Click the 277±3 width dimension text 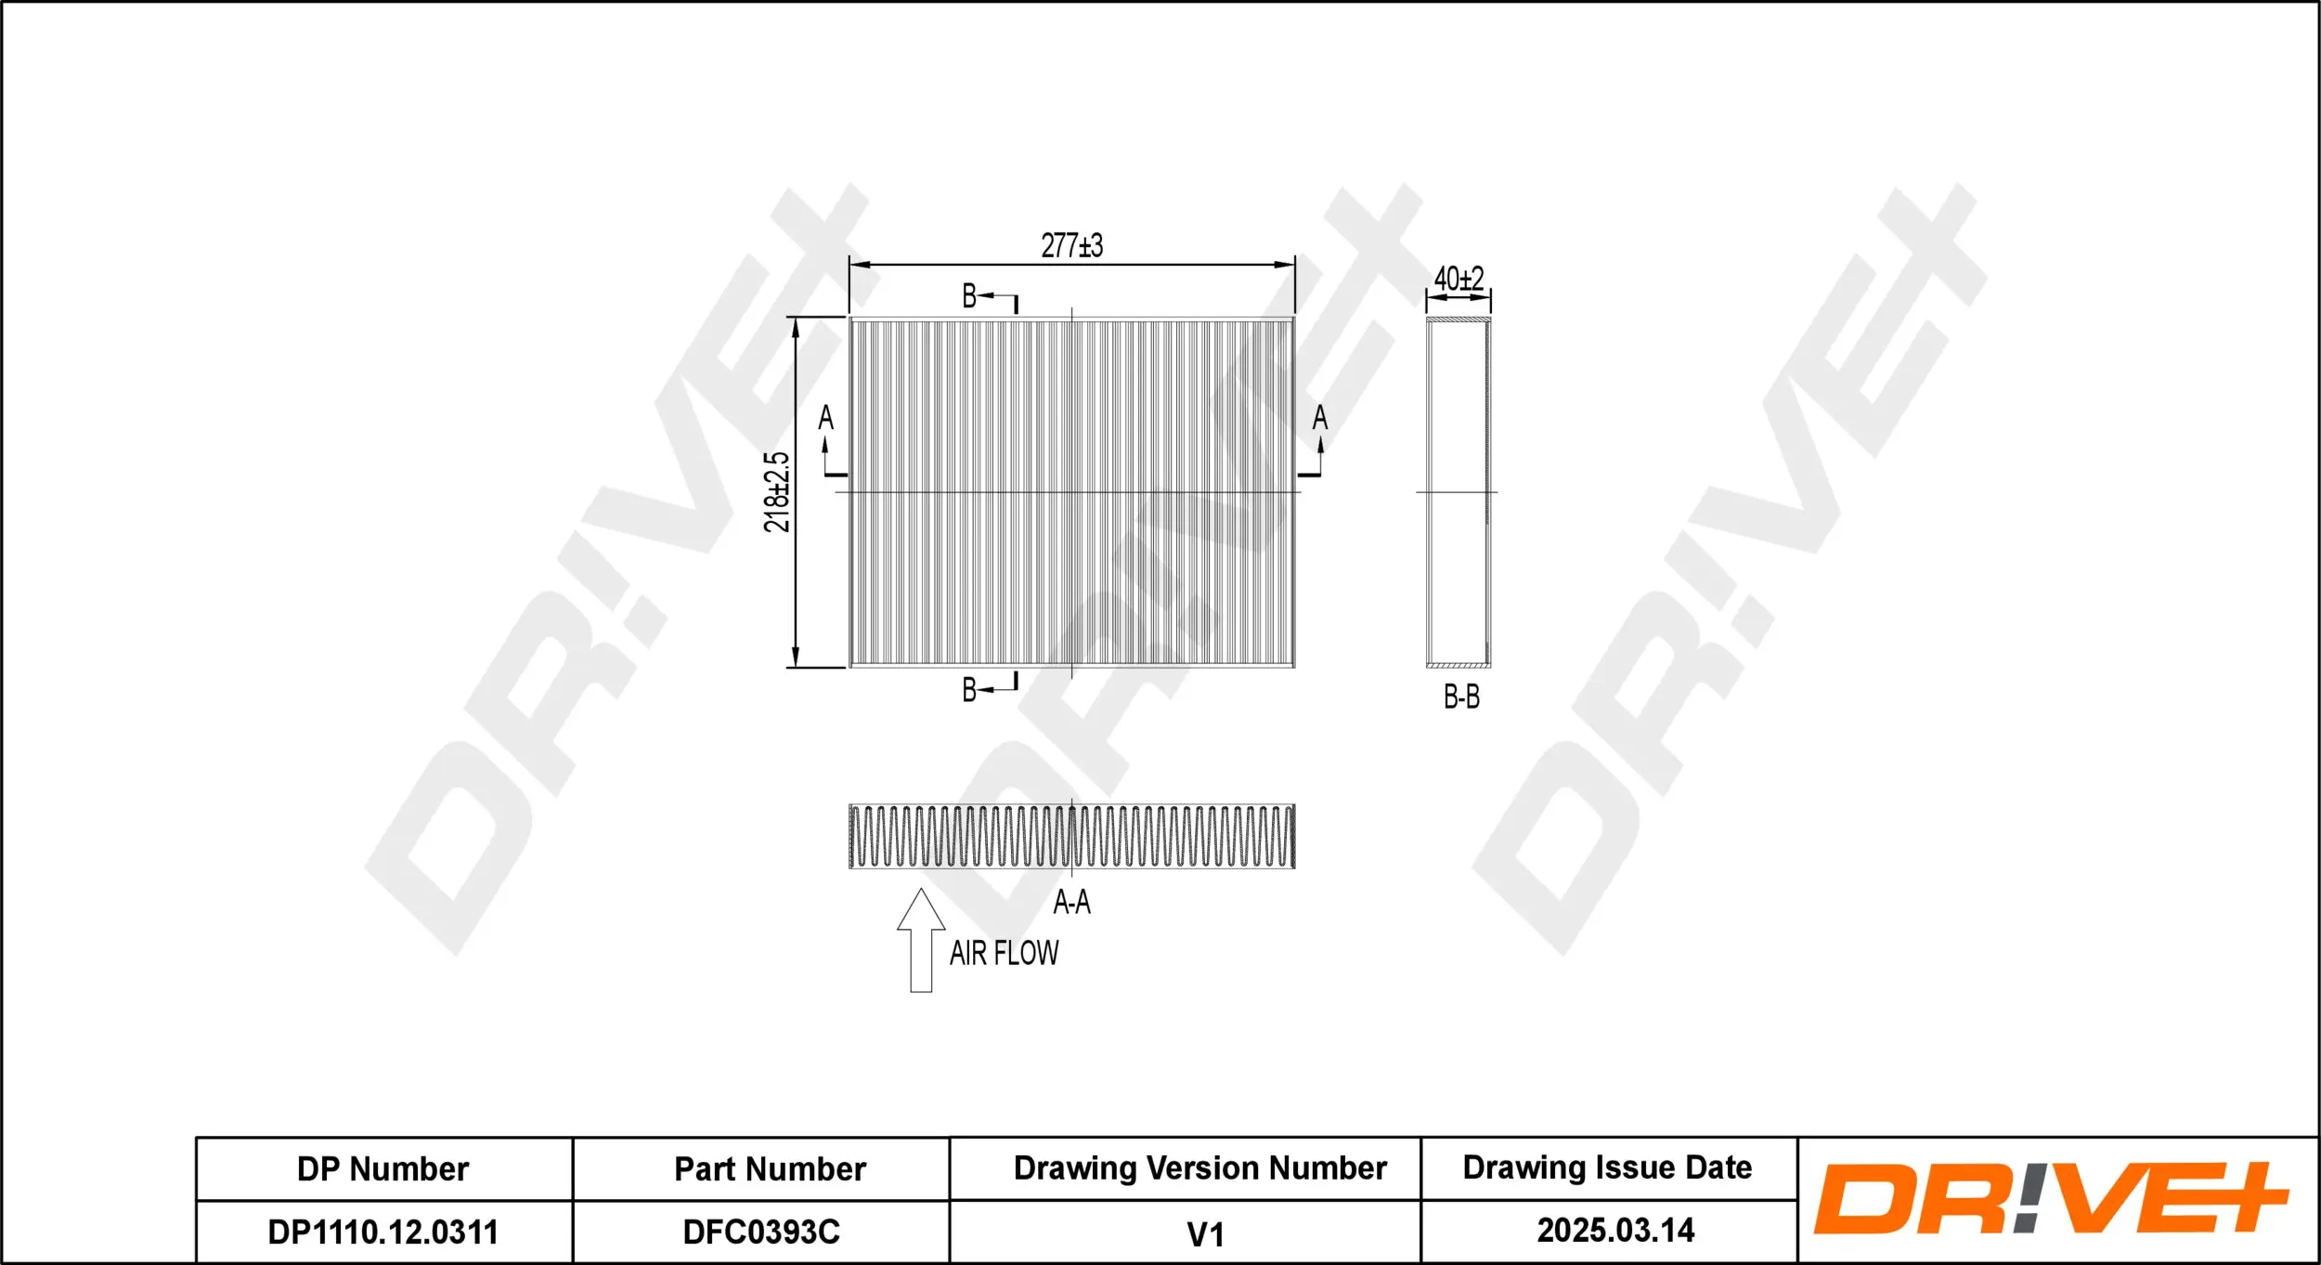pos(1071,246)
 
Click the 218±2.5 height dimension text pos(776,492)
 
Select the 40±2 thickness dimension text pos(1459,278)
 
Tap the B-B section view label pos(1461,697)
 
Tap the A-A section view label pos(1071,902)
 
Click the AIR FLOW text pos(1004,953)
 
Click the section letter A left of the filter pos(825,419)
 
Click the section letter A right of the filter pos(1319,419)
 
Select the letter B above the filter pos(969,296)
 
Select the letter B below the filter pos(969,690)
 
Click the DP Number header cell pos(383,1169)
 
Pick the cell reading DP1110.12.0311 pos(383,1232)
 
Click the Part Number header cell pos(770,1169)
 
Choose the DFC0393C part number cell pos(761,1232)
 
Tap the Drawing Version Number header pos(1199,1168)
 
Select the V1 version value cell pos(1205,1234)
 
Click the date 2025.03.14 pos(1615,1231)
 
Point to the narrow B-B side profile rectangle pos(1459,492)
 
